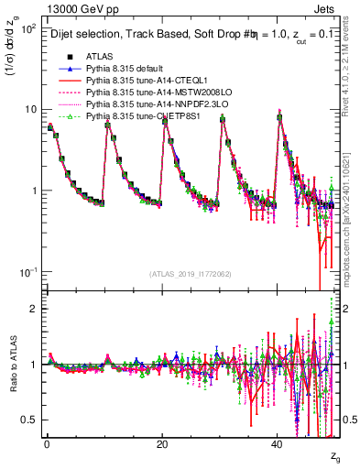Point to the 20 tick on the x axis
(161, 444)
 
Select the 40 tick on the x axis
(277, 444)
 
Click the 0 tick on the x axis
(47, 444)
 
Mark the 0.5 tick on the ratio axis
(29, 420)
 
